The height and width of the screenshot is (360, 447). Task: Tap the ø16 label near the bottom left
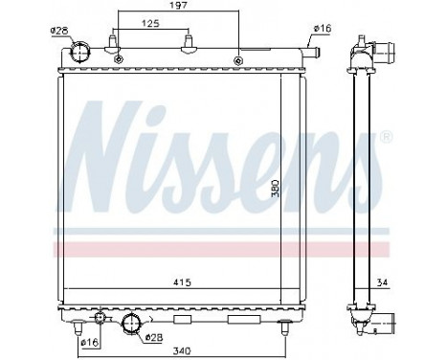coord(88,343)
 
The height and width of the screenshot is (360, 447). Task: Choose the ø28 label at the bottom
coord(153,338)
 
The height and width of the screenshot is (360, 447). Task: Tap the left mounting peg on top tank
coord(116,42)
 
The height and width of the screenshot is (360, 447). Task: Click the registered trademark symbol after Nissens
coord(387,138)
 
